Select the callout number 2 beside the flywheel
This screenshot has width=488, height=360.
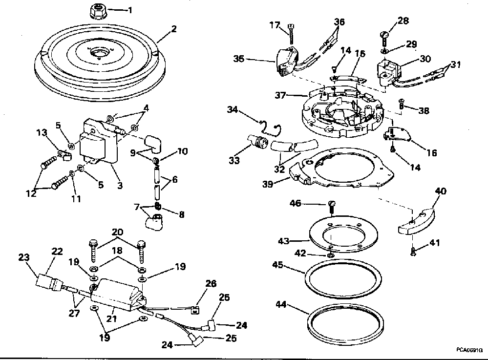[173, 29]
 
